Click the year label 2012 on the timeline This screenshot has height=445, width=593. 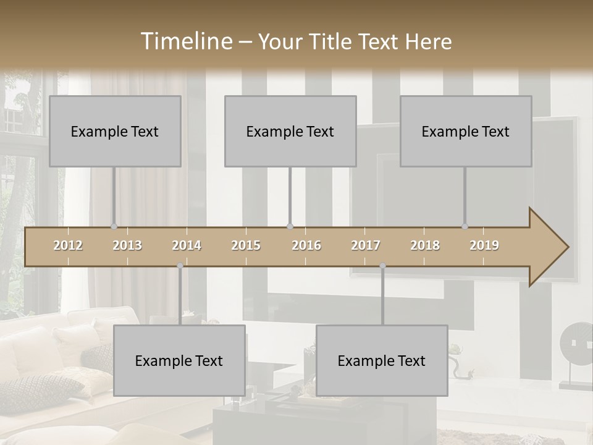point(68,246)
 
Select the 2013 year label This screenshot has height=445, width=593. point(127,246)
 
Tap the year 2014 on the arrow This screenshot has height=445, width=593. point(187,246)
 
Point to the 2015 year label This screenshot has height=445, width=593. point(246,246)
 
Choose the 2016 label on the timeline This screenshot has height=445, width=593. point(306,246)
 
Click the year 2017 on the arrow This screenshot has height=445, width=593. point(366,246)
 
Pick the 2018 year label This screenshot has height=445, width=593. point(425,246)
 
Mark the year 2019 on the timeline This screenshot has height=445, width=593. point(484,246)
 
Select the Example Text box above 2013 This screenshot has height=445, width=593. point(115,131)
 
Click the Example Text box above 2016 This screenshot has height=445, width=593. point(290,131)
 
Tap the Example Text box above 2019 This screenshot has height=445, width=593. point(466,131)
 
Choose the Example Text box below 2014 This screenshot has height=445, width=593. point(179,360)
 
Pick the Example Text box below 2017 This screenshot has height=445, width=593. point(382,360)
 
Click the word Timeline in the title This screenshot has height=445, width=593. point(185,41)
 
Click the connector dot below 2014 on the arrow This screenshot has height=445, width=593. point(180,266)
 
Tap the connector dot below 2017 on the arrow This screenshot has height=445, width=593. point(382,266)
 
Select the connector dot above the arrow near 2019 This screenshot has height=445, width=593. point(465,227)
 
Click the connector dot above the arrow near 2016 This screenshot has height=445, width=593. point(290,227)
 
